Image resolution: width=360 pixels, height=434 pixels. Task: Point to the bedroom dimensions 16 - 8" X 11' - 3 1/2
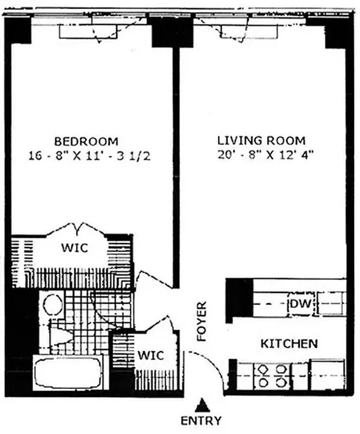(x=90, y=156)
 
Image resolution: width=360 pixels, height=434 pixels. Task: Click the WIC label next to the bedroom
(x=74, y=248)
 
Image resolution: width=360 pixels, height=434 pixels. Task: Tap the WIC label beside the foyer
(x=150, y=356)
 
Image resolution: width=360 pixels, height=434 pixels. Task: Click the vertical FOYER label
(x=202, y=321)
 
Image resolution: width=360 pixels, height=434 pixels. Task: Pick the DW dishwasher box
(x=300, y=304)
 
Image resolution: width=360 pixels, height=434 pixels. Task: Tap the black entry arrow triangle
(x=203, y=405)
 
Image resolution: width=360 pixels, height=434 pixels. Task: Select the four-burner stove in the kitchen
(x=272, y=375)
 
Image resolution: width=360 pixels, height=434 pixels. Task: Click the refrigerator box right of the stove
(x=327, y=374)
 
